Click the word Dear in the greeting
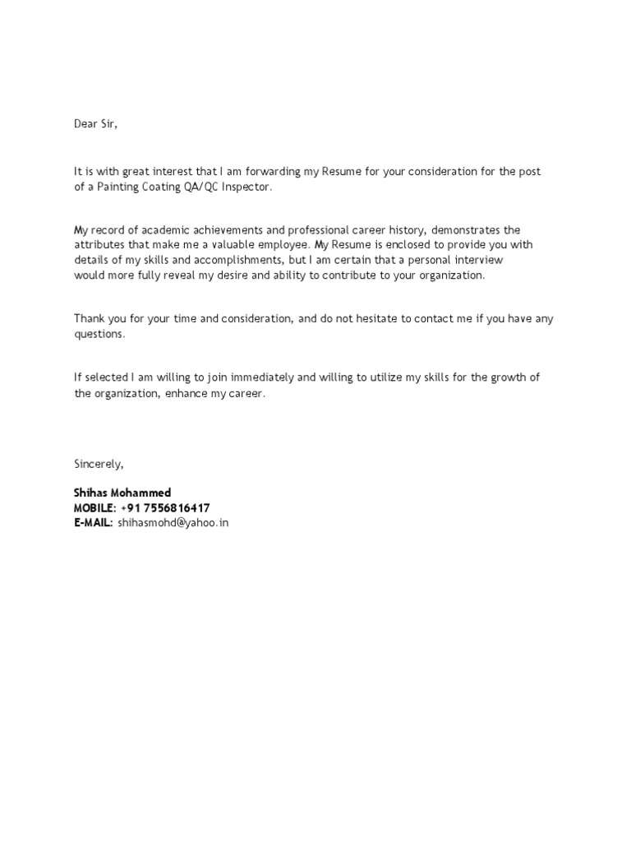tap(85, 124)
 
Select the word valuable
tap(242, 245)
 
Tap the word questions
tap(100, 335)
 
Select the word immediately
tap(258, 377)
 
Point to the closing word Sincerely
tap(99, 464)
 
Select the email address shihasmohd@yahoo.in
tap(173, 522)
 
